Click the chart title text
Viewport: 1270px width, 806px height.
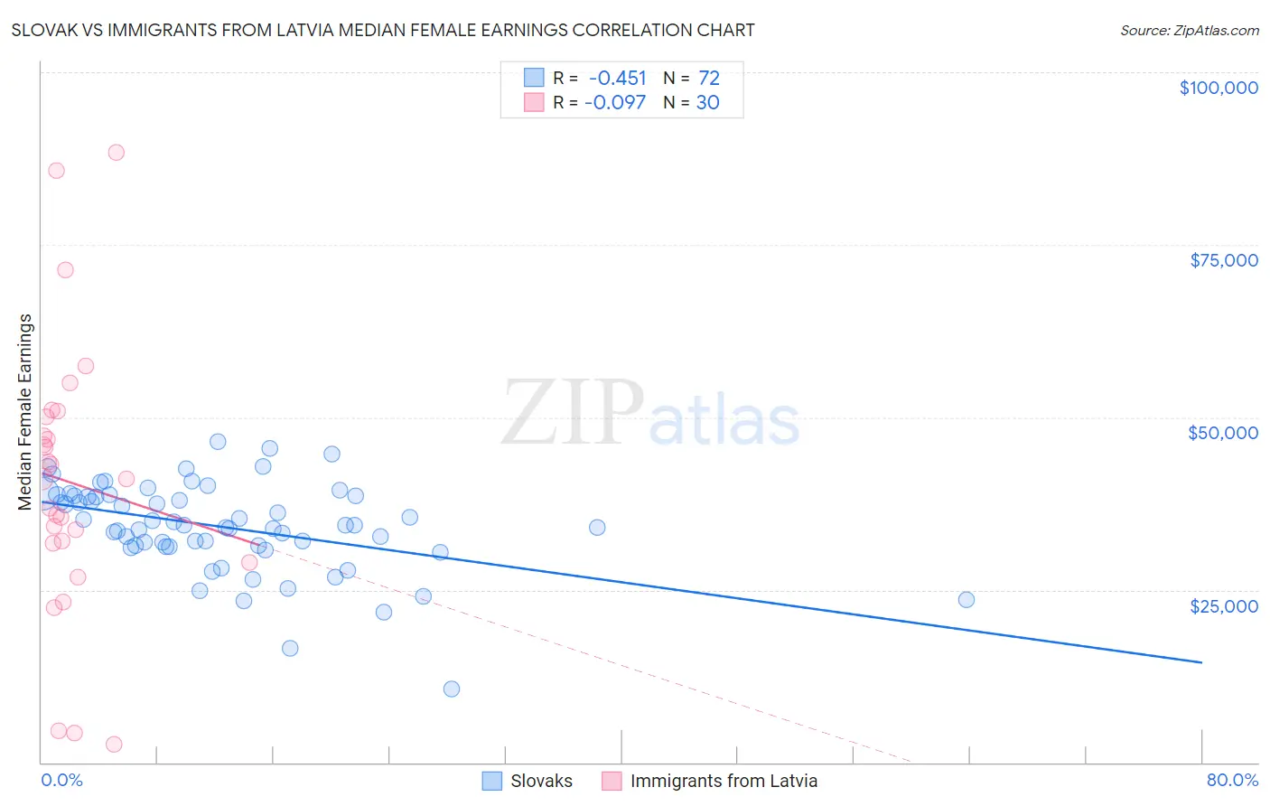click(x=382, y=30)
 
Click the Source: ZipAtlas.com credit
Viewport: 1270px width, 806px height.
click(x=1189, y=31)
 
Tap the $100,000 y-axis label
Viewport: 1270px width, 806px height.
click(x=1218, y=88)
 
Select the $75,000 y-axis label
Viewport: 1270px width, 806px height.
click(x=1223, y=260)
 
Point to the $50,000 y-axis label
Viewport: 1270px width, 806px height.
click(x=1222, y=433)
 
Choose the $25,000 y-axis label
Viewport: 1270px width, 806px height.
click(x=1223, y=605)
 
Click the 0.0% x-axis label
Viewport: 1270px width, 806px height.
click(x=61, y=780)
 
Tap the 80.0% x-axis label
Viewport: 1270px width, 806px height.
click(x=1231, y=780)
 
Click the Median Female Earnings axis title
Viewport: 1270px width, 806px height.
click(x=25, y=412)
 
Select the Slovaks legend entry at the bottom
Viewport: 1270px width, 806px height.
click(x=541, y=781)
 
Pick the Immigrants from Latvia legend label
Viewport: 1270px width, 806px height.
click(x=724, y=781)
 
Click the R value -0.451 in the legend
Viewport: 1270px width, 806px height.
click(x=617, y=79)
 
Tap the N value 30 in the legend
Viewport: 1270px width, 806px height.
click(x=707, y=103)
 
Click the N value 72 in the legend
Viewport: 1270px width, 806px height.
click(x=708, y=79)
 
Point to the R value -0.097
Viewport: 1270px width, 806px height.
click(x=615, y=103)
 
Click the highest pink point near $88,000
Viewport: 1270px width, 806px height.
click(x=116, y=153)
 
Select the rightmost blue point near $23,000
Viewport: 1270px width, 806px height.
click(x=966, y=600)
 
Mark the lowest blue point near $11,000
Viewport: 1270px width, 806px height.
click(x=452, y=689)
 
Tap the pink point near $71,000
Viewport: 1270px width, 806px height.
click(x=65, y=270)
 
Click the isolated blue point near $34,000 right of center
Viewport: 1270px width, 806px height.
click(x=597, y=528)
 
